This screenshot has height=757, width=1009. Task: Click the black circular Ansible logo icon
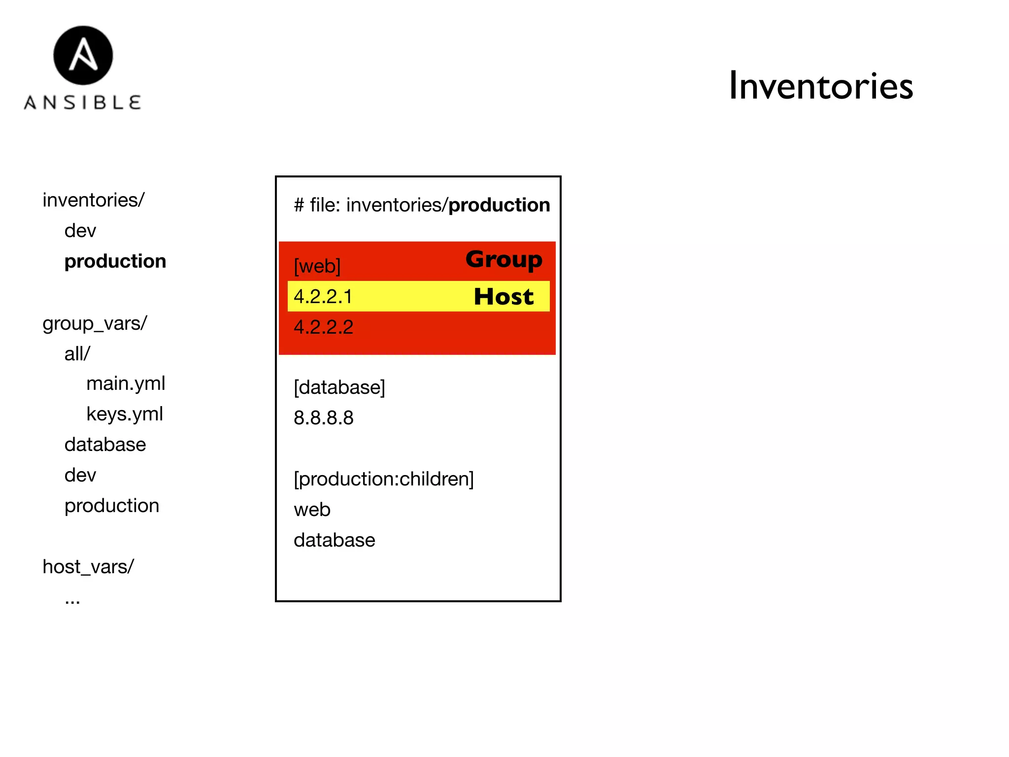tap(83, 55)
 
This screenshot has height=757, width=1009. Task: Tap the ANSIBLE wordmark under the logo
tap(83, 103)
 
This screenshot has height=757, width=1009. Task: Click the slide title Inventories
tap(820, 86)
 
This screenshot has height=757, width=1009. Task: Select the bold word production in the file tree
tap(115, 261)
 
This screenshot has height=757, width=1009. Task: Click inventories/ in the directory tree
tap(94, 200)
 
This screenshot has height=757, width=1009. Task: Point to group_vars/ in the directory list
tap(95, 323)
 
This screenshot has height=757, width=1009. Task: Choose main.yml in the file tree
tap(126, 383)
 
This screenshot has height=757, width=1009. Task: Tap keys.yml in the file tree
tap(125, 414)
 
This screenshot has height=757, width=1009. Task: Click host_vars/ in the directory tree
tap(88, 567)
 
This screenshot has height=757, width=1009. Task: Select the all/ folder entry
tap(77, 354)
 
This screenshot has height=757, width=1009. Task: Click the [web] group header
tap(317, 266)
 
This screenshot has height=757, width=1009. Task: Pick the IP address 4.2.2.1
tap(323, 297)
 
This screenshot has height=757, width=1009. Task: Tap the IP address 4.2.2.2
tap(324, 327)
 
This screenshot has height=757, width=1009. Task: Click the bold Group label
tap(504, 259)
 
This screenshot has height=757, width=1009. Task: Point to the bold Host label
tap(504, 297)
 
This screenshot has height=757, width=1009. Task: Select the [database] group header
tap(339, 387)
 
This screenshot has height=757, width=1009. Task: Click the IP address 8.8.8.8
tap(324, 418)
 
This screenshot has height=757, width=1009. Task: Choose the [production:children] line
tap(384, 479)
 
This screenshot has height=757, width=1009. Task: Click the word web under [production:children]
tap(312, 510)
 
